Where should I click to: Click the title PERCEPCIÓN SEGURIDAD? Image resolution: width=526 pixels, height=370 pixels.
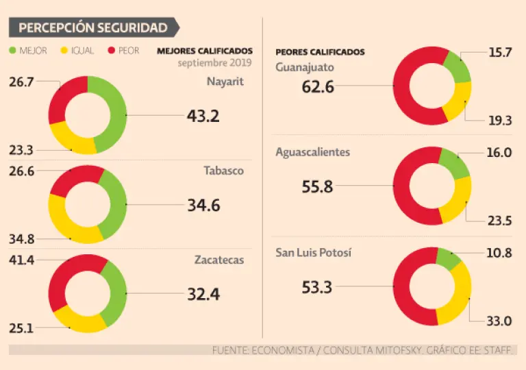[x=92, y=28]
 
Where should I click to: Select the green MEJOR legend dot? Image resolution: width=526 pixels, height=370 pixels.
[x=13, y=51]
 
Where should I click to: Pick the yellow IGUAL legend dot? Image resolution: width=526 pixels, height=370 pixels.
[x=66, y=51]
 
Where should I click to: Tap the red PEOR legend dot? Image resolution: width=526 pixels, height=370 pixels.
[x=111, y=51]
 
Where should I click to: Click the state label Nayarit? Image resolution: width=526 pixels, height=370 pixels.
[x=225, y=82]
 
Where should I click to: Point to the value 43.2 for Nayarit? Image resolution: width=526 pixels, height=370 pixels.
[x=203, y=116]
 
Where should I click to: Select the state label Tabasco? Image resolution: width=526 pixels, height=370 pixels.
[x=225, y=171]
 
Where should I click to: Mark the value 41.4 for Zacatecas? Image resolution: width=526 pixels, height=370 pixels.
[x=21, y=260]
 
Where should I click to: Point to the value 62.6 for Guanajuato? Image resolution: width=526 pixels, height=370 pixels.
[x=318, y=87]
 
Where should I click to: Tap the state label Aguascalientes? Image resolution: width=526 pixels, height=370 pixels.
[x=312, y=152]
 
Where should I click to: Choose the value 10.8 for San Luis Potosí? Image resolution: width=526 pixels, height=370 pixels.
[x=498, y=252]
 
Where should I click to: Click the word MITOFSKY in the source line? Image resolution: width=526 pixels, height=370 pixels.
[x=380, y=350]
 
